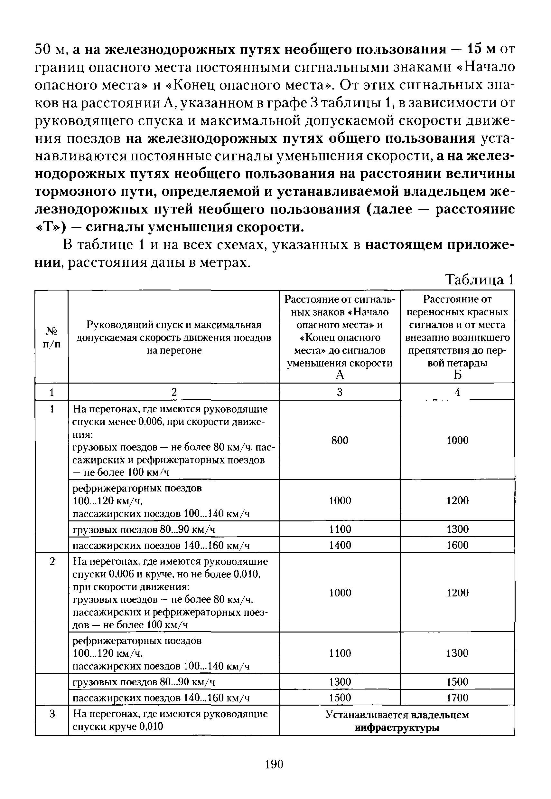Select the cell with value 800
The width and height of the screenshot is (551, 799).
point(340,441)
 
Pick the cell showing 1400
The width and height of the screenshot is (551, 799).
point(340,545)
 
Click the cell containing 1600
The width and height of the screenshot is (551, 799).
point(457,545)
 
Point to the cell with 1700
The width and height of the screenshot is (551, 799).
point(457,698)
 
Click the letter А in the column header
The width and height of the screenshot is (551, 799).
point(340,375)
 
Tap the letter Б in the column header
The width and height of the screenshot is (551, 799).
point(457,375)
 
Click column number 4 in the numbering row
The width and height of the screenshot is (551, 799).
point(457,392)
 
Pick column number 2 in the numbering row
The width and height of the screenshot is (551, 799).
point(174,392)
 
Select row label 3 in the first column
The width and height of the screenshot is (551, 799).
point(52,714)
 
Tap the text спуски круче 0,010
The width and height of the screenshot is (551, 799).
point(118,727)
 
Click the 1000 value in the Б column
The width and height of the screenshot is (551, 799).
point(457,441)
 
